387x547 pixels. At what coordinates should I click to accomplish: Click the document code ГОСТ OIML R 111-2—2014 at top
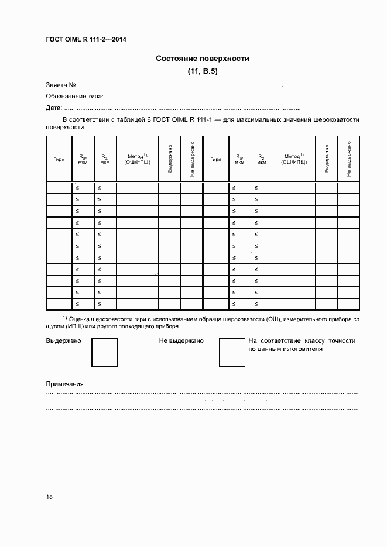click(x=86, y=40)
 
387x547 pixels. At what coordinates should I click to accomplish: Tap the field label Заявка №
click(x=61, y=85)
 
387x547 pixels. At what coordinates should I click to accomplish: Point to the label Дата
click(x=54, y=108)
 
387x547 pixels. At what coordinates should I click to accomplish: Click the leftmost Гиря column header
click(x=59, y=159)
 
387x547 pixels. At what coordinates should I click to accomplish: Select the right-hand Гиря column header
click(x=215, y=159)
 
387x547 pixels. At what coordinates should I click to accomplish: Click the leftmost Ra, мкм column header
click(x=83, y=159)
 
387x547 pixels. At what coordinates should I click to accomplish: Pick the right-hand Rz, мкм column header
click(x=262, y=159)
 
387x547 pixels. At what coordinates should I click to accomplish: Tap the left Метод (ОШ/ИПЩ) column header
click(x=137, y=159)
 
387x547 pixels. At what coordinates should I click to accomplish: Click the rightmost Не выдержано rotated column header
click(x=348, y=159)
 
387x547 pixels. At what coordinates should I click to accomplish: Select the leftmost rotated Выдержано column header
click(x=170, y=159)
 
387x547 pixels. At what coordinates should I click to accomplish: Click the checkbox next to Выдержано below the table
click(x=105, y=352)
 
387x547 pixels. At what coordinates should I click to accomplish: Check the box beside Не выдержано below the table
click(x=232, y=352)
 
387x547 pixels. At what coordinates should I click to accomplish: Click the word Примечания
click(x=65, y=384)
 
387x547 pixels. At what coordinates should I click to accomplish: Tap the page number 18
click(x=49, y=497)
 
